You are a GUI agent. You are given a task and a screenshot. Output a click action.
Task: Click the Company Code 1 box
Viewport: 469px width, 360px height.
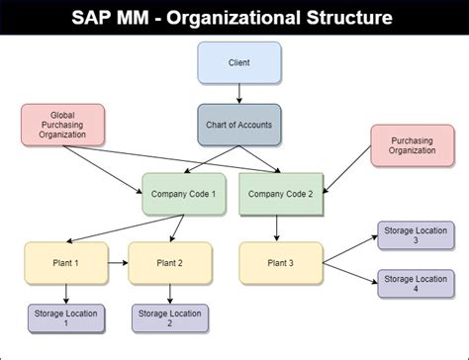(185, 195)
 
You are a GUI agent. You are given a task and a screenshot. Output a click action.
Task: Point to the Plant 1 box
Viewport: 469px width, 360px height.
(64, 263)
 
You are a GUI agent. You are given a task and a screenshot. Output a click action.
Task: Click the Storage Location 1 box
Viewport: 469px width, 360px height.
(64, 317)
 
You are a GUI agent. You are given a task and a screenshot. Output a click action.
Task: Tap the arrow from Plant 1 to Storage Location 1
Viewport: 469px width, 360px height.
(64, 292)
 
